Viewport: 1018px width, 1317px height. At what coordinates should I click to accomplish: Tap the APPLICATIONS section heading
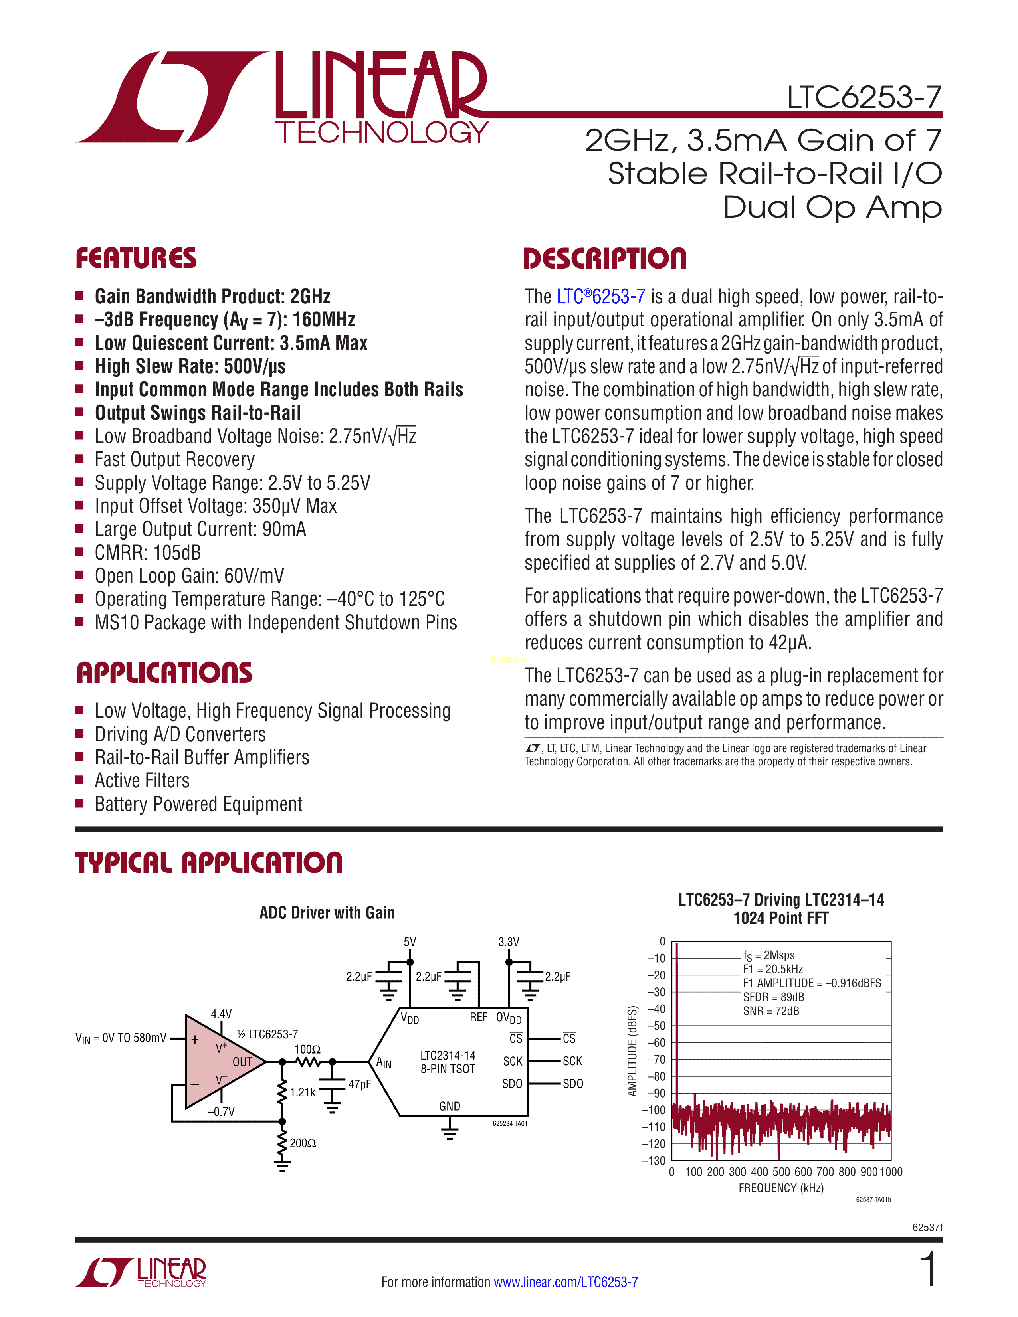[x=164, y=673]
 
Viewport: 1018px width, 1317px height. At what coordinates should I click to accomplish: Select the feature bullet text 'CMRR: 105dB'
[x=148, y=552]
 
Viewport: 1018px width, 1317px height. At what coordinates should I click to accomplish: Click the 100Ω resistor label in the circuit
[x=307, y=1049]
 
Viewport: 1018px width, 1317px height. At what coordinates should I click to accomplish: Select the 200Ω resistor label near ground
[x=303, y=1143]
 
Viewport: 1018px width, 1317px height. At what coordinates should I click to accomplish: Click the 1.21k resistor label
[x=302, y=1092]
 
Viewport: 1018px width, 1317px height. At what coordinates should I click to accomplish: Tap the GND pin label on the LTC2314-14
[x=449, y=1106]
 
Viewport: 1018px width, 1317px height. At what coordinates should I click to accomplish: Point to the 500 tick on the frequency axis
[x=781, y=1172]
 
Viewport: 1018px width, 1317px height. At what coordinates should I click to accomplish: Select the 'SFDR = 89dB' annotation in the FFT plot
[x=773, y=997]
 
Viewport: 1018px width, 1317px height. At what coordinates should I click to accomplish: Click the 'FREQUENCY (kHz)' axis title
[x=780, y=1188]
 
